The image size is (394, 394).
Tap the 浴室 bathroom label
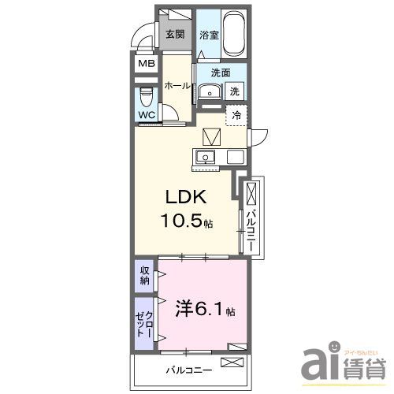pyautogui.click(x=209, y=34)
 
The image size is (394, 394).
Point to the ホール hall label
pyautogui.click(x=175, y=87)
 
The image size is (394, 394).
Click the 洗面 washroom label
pyautogui.click(x=220, y=72)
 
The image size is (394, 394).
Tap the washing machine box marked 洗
pyautogui.click(x=235, y=91)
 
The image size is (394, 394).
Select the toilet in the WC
pyautogui.click(x=146, y=97)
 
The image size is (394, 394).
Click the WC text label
pyautogui.click(x=147, y=115)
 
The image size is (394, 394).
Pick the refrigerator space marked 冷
pyautogui.click(x=236, y=114)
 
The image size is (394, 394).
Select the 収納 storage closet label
pyautogui.click(x=145, y=276)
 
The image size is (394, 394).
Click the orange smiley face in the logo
pyautogui.click(x=333, y=347)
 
